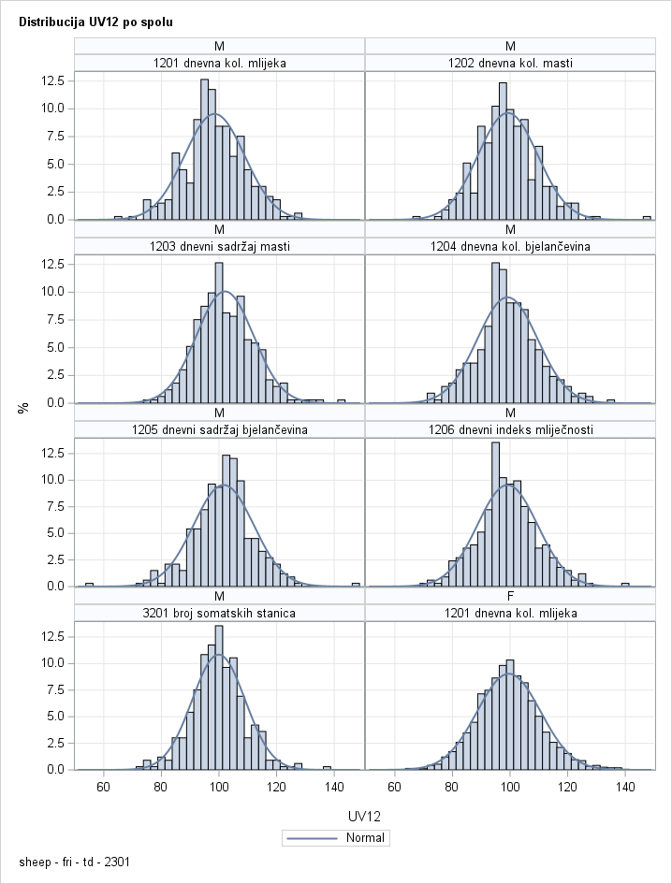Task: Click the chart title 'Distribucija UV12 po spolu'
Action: [x=95, y=21]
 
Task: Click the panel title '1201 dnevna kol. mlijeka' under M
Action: [x=219, y=64]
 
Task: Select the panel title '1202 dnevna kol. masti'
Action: [x=510, y=64]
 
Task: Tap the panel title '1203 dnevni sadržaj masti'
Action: [x=219, y=247]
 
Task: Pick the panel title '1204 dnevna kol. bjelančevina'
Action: [x=510, y=247]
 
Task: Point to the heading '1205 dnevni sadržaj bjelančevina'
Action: [x=219, y=430]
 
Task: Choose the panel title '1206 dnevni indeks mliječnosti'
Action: [x=510, y=430]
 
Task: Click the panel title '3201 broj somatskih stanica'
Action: [x=219, y=614]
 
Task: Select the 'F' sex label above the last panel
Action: [x=510, y=596]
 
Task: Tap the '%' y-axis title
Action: [x=23, y=407]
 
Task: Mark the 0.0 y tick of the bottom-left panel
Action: [x=55, y=770]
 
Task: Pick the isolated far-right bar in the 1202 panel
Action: [x=647, y=218]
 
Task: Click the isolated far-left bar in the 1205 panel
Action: [x=89, y=585]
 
